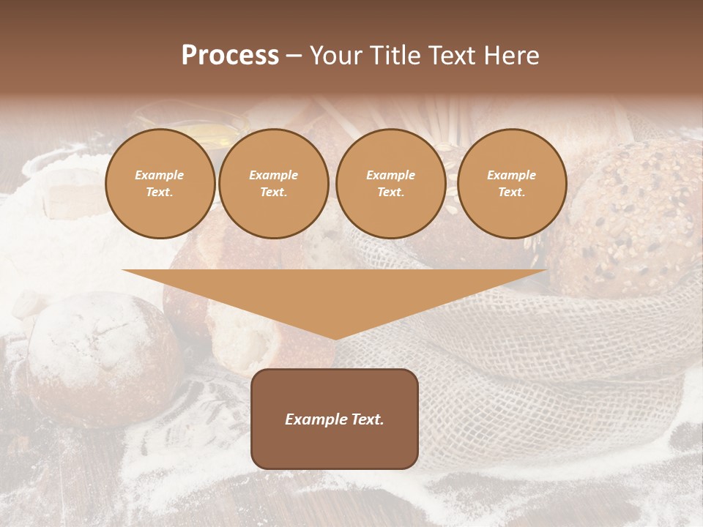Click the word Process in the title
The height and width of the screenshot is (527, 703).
click(230, 56)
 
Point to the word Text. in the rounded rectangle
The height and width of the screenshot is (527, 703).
click(367, 419)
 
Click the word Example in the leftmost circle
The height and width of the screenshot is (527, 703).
click(160, 176)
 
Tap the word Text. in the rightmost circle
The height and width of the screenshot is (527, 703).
click(512, 192)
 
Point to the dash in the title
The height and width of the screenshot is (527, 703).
click(294, 56)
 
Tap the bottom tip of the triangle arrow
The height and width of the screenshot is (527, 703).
click(335, 337)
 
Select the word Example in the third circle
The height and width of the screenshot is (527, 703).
click(391, 176)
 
